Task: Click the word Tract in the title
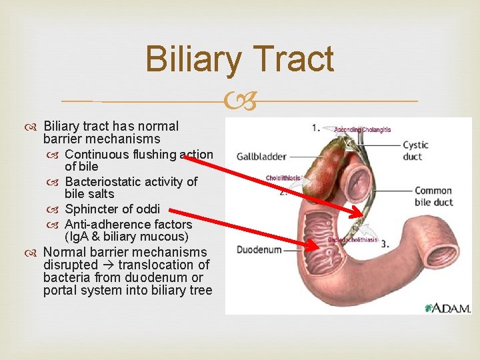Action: [x=293, y=59]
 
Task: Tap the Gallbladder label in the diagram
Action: [x=261, y=157]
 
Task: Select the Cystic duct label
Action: [x=416, y=151]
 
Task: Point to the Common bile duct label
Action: [x=433, y=197]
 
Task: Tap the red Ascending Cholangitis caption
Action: [x=362, y=129]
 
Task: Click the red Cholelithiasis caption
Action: [x=283, y=178]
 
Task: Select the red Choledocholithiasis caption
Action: [x=353, y=240]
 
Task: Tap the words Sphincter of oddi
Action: [x=112, y=209]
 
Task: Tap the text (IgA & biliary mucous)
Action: [x=127, y=237]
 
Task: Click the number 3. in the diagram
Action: [x=385, y=244]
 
